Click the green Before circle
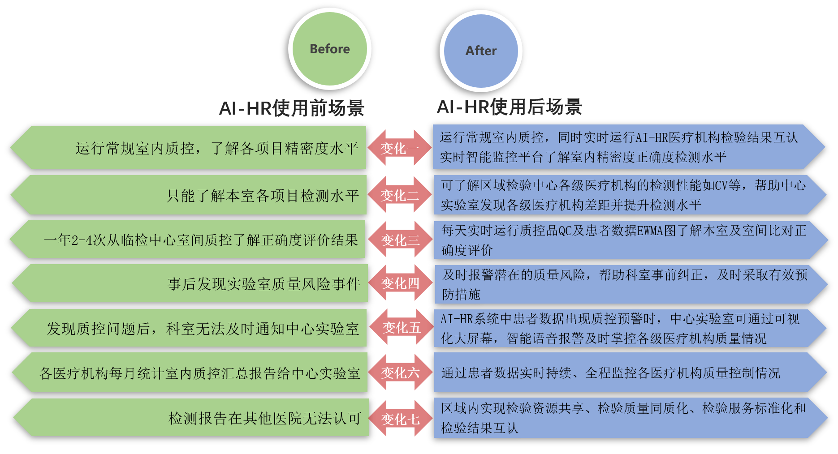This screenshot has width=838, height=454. (x=330, y=49)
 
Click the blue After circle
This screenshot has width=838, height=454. (x=481, y=51)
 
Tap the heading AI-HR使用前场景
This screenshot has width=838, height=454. (x=292, y=108)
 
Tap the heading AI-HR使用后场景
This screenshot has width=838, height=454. (x=510, y=107)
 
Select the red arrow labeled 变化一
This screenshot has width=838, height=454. (x=400, y=148)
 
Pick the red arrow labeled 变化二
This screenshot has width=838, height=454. (x=400, y=195)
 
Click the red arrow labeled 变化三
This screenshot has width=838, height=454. (x=400, y=240)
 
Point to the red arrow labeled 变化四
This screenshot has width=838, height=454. (x=400, y=283)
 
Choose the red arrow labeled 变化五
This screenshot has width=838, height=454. (x=401, y=328)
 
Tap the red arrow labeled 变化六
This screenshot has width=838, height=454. (x=400, y=373)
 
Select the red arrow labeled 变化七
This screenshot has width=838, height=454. (x=400, y=419)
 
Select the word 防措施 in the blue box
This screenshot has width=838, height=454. (x=461, y=295)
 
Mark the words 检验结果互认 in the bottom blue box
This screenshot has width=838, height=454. (x=479, y=428)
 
